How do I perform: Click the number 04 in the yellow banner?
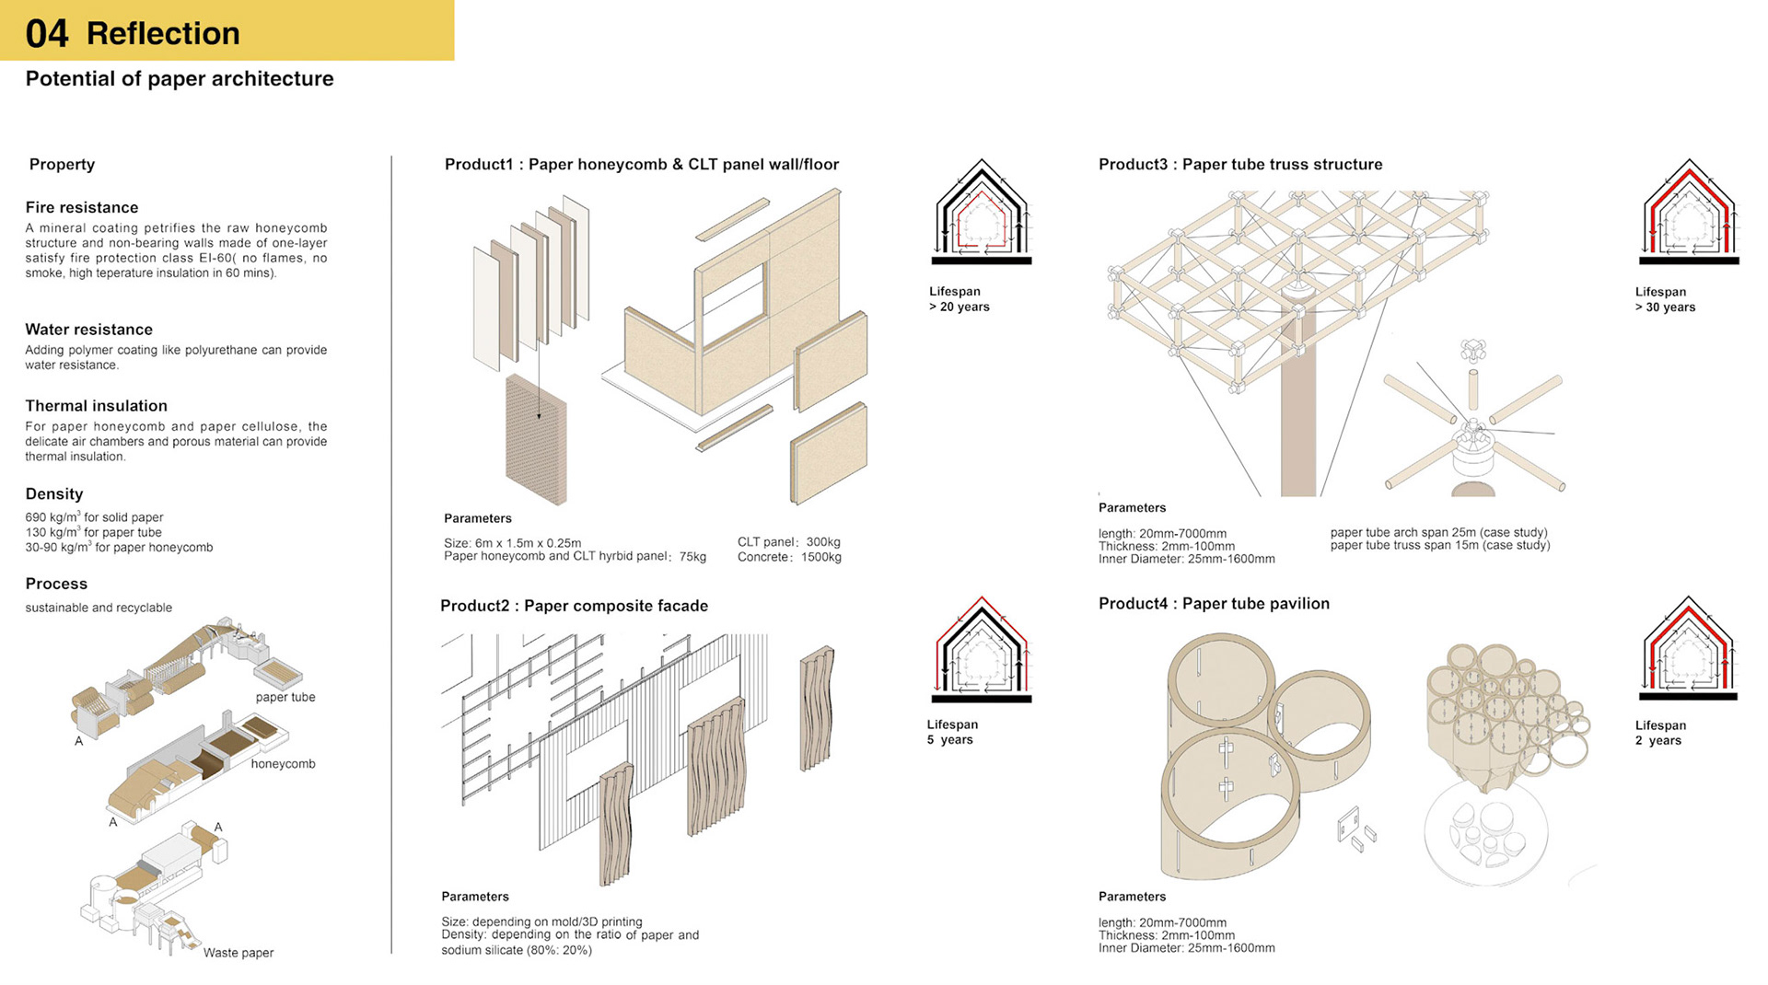[x=47, y=34]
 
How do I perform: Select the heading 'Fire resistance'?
[x=82, y=208]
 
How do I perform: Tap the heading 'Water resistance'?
[x=89, y=330]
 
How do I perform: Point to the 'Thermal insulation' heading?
[x=97, y=406]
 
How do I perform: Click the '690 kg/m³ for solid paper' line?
[x=94, y=517]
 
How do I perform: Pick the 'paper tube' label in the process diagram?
[x=285, y=697]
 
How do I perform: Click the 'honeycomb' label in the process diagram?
[x=283, y=764]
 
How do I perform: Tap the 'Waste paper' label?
[x=238, y=953]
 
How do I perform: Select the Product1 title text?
[x=642, y=165]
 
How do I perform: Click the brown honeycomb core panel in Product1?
[x=536, y=440]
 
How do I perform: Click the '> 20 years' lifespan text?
[x=960, y=307]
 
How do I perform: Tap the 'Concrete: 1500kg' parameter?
[x=789, y=557]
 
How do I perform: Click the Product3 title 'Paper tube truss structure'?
[x=1240, y=165]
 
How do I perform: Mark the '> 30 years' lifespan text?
[x=1665, y=307]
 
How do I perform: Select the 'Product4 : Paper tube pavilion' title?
[x=1214, y=604]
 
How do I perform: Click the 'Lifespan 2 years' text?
[x=1660, y=733]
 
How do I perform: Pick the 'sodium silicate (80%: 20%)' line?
[x=517, y=950]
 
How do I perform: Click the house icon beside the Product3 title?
[x=1690, y=212]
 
